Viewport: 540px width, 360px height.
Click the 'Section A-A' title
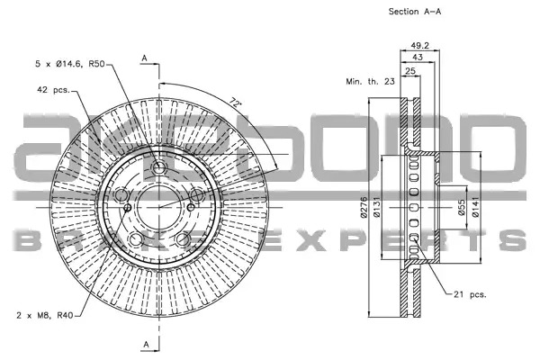pyautogui.click(x=415, y=12)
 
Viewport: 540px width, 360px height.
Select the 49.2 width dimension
pyautogui.click(x=419, y=45)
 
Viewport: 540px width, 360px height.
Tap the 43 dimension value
pyautogui.click(x=418, y=58)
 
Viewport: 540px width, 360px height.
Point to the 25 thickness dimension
pyautogui.click(x=410, y=71)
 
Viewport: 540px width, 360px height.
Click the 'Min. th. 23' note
pyautogui.click(x=370, y=82)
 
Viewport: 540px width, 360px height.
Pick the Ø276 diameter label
pyautogui.click(x=364, y=207)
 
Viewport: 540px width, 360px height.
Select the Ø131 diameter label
pyautogui.click(x=376, y=207)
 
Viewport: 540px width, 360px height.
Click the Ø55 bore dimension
pyautogui.click(x=462, y=208)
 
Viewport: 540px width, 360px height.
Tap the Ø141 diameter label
pyautogui.click(x=475, y=207)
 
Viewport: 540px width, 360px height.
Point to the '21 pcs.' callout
pyautogui.click(x=470, y=294)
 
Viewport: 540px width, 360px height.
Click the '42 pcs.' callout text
pyautogui.click(x=53, y=90)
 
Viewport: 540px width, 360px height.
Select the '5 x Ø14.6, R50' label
pyautogui.click(x=70, y=64)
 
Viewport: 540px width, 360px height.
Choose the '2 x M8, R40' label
pyautogui.click(x=45, y=315)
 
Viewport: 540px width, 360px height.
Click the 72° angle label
pyautogui.click(x=235, y=103)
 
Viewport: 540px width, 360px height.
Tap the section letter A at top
pyautogui.click(x=144, y=58)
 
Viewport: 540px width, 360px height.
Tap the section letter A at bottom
pyautogui.click(x=147, y=344)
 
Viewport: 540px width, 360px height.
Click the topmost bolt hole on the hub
pyautogui.click(x=158, y=168)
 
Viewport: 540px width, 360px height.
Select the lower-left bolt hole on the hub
pyautogui.click(x=135, y=239)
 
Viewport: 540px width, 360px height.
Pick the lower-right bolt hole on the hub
pyautogui.click(x=183, y=239)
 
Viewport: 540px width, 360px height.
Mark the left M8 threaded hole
pyautogui.click(x=128, y=207)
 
